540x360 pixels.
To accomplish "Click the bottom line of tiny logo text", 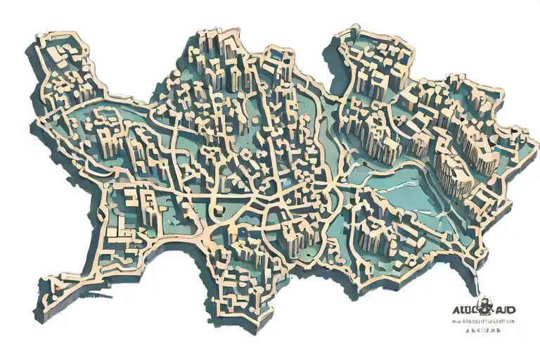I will pos(484,329).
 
